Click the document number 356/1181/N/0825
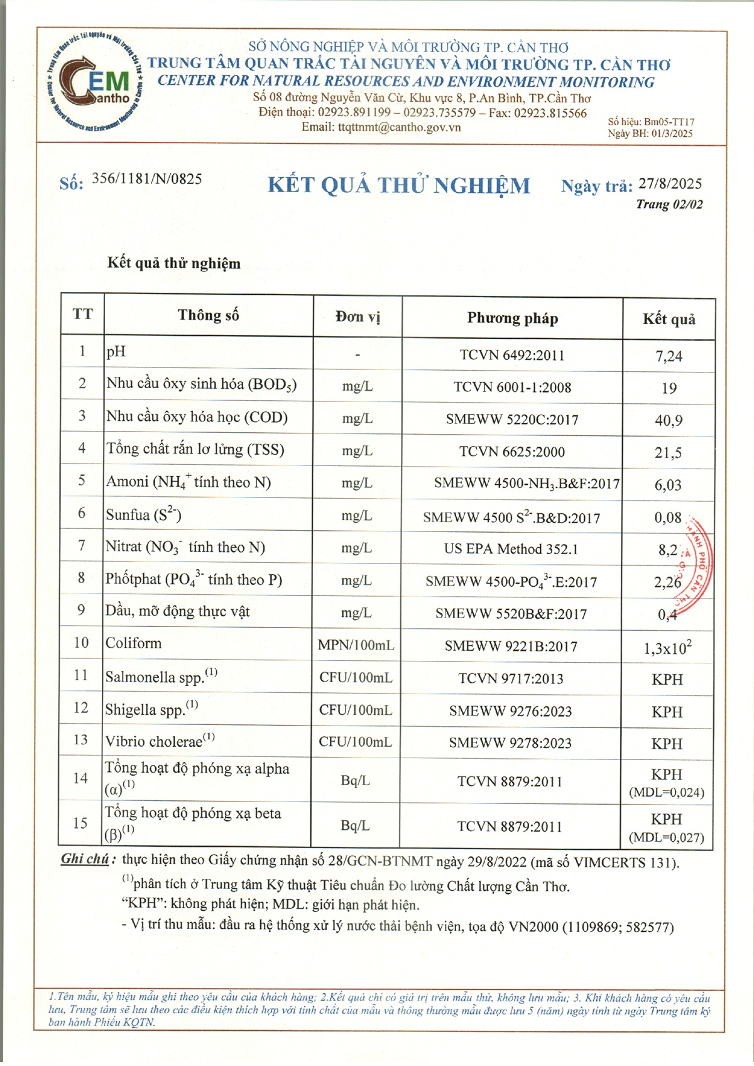coord(147,179)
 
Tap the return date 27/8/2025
coord(670,183)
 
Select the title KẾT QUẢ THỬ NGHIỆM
coord(399,185)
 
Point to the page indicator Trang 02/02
coord(669,204)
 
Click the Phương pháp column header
coord(512,318)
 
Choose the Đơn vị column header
coord(358,317)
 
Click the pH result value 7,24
coord(669,356)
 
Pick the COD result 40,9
coord(669,420)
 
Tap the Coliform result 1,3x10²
coord(667,648)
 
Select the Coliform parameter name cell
coord(134,643)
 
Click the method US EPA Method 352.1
coord(511,549)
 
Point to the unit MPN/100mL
coord(356,645)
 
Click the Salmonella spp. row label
coord(161,677)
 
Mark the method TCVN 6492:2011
coord(512,355)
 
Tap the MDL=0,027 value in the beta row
coord(667,837)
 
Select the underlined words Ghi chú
coord(85,859)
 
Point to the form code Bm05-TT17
coord(669,122)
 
